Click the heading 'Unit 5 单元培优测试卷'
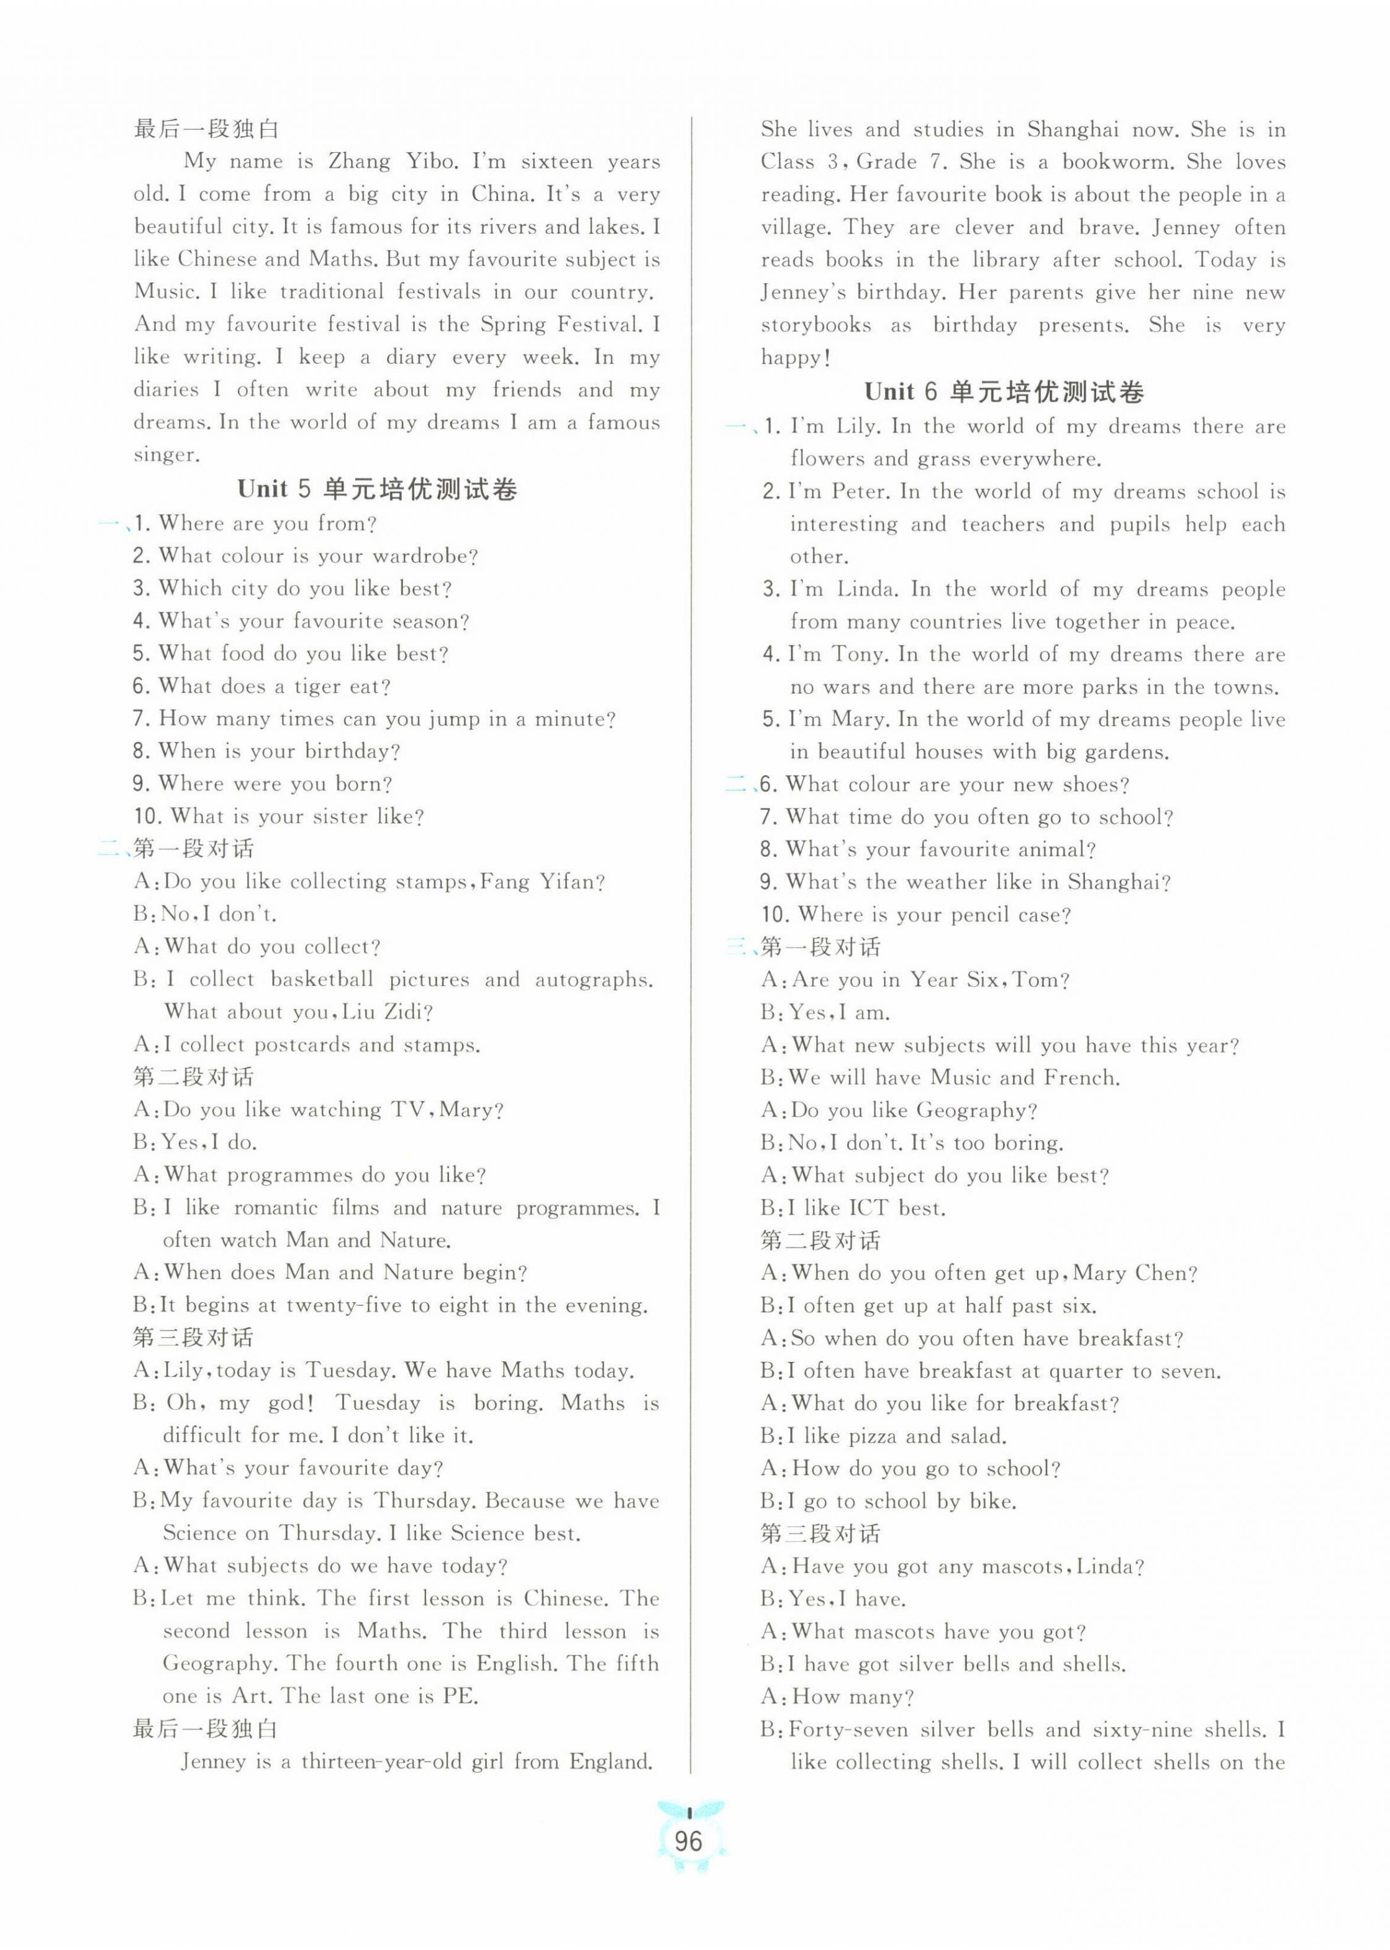click(378, 489)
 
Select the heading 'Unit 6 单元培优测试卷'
click(1004, 392)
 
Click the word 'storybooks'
click(815, 325)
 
